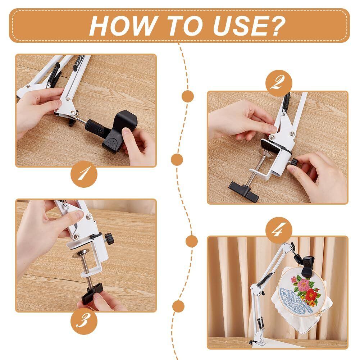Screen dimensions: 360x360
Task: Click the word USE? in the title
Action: click(x=249, y=26)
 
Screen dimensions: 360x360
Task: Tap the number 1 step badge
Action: click(x=84, y=174)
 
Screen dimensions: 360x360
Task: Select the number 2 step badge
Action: click(x=279, y=83)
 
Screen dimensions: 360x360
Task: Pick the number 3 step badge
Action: click(x=84, y=321)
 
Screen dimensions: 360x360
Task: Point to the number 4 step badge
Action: click(x=279, y=230)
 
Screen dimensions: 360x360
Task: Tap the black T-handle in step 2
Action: click(x=243, y=192)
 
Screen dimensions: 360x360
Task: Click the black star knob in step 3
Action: click(x=109, y=238)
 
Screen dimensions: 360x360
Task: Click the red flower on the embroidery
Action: click(x=311, y=295)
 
